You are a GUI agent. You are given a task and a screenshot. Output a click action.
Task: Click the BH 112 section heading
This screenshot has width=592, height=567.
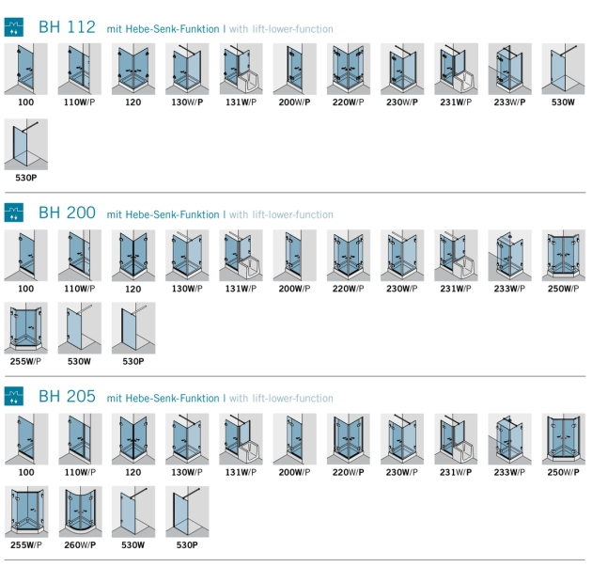pyautogui.click(x=68, y=27)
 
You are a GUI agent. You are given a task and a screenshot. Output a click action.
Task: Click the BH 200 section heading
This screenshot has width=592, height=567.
pyautogui.click(x=68, y=213)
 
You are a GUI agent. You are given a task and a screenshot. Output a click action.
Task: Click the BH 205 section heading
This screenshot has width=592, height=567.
pyautogui.click(x=68, y=396)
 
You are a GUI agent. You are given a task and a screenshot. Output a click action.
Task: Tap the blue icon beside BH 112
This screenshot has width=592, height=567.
pyautogui.click(x=13, y=27)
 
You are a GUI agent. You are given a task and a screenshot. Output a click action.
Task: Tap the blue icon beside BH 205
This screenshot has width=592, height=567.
pyautogui.click(x=13, y=396)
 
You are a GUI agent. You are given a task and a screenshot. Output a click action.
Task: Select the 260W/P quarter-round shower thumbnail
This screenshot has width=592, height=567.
pyautogui.click(x=80, y=512)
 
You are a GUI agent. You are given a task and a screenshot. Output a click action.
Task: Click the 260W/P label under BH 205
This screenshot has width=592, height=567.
pyautogui.click(x=80, y=545)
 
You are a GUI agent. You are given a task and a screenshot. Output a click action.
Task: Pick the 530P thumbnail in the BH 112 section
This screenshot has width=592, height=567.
pyautogui.click(x=26, y=144)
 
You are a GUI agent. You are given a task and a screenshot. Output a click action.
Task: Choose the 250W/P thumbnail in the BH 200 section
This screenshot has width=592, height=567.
pyautogui.click(x=563, y=256)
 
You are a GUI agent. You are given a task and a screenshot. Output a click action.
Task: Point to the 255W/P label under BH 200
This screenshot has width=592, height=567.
pyautogui.click(x=25, y=361)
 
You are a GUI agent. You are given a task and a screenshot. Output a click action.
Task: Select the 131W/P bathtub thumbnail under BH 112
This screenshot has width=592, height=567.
pyautogui.click(x=241, y=69)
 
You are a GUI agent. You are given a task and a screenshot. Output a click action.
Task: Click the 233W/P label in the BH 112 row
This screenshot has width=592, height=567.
pyautogui.click(x=509, y=102)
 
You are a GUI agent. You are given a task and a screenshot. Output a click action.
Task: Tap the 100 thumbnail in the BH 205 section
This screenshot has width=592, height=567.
pyautogui.click(x=26, y=439)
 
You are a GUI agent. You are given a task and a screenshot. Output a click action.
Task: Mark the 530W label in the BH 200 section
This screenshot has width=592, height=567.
pyautogui.click(x=79, y=361)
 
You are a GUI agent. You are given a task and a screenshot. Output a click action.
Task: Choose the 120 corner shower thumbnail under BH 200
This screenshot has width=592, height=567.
pyautogui.click(x=133, y=256)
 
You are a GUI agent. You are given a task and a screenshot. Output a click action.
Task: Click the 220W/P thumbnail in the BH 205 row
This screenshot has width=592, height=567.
pyautogui.click(x=349, y=439)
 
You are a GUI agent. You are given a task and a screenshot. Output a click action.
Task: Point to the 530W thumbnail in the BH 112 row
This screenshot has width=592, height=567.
pyautogui.click(x=563, y=69)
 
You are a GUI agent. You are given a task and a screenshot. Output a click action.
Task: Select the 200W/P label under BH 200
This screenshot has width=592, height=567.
pyautogui.click(x=294, y=289)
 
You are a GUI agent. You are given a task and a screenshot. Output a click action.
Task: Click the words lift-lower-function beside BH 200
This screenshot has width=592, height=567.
pyautogui.click(x=292, y=214)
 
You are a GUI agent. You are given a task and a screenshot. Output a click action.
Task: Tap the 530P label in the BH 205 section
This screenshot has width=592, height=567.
pyautogui.click(x=187, y=545)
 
